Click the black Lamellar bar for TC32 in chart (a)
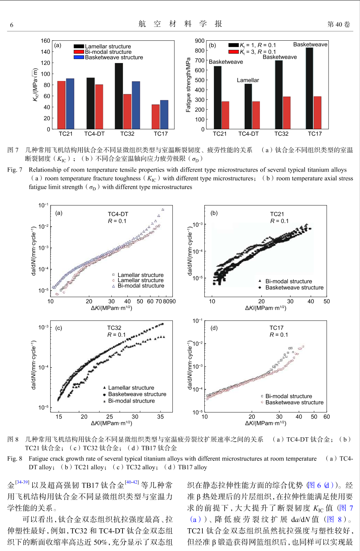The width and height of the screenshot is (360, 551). tap(119, 96)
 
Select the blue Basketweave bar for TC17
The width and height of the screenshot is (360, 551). tap(164, 115)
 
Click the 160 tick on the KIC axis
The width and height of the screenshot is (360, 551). tap(45, 41)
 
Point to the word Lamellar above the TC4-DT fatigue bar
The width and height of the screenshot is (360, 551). tap(248, 80)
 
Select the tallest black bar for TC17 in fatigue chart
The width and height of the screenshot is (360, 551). tap(309, 88)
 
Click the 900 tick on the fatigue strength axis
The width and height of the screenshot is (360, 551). tap(200, 41)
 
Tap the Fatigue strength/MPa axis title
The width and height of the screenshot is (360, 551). tap(188, 85)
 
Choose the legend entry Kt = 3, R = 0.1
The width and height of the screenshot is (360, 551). tap(257, 52)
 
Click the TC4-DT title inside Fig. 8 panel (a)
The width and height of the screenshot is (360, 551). tap(118, 214)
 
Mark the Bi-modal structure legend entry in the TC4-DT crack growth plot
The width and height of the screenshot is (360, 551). tap(140, 286)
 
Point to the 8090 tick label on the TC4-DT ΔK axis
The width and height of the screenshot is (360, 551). tap(169, 301)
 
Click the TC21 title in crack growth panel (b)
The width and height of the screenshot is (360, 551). tap(277, 214)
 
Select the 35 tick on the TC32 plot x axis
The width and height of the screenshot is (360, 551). tap(160, 417)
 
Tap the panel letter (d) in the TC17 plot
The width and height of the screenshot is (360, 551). tap(214, 328)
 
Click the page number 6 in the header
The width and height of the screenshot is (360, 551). tap(12, 25)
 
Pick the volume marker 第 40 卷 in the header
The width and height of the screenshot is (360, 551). tap(338, 24)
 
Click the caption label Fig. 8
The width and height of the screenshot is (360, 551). tap(15, 459)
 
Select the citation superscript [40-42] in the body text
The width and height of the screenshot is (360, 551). tap(132, 482)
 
